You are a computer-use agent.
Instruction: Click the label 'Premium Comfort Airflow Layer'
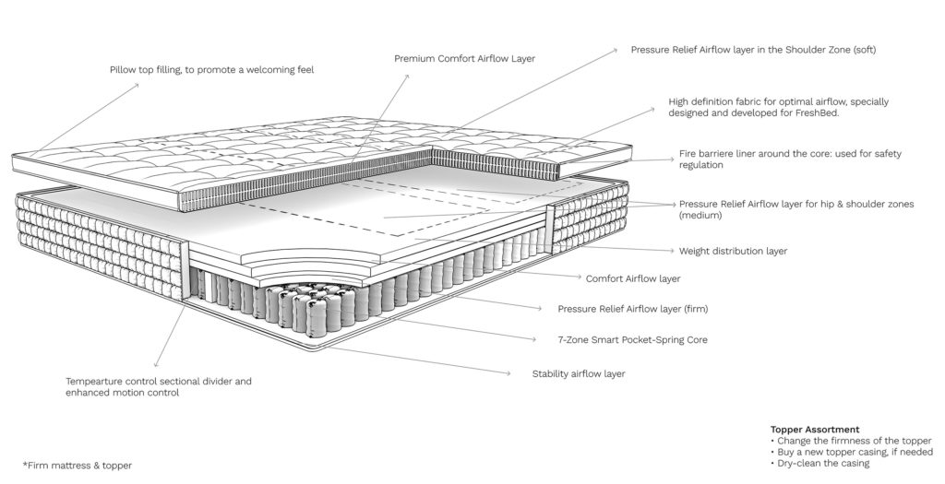click(465, 58)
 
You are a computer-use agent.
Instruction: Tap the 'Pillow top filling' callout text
click(211, 70)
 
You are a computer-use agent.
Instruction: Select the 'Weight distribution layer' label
click(733, 251)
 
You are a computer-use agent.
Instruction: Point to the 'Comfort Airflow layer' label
click(633, 278)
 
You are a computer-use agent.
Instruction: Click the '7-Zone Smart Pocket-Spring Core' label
click(633, 340)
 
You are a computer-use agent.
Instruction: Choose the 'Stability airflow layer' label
click(579, 374)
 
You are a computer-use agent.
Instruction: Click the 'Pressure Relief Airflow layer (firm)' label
click(633, 310)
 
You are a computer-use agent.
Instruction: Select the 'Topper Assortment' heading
click(815, 430)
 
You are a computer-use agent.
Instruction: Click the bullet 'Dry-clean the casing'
click(819, 464)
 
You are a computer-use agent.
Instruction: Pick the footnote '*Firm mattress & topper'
click(78, 466)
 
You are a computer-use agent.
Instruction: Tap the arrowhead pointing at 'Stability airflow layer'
click(508, 373)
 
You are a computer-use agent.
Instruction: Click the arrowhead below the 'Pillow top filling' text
click(137, 86)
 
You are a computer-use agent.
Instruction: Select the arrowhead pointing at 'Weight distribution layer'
click(671, 250)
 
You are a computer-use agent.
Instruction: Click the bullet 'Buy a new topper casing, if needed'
click(851, 452)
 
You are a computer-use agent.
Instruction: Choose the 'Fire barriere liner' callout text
click(790, 159)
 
